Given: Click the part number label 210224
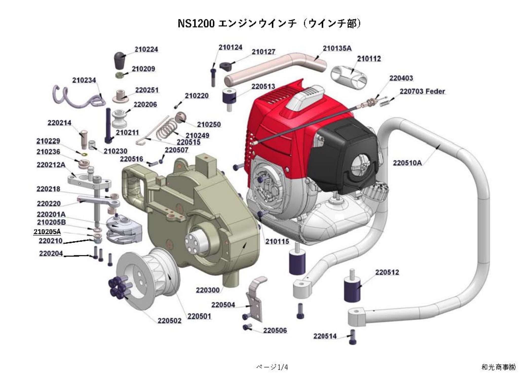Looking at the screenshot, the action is tap(146, 49).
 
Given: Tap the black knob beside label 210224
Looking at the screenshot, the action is tap(120, 60).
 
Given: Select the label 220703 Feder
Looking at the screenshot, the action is tap(422, 91).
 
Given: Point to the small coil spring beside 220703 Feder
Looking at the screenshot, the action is tap(384, 103).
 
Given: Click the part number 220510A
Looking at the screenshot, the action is tap(407, 163).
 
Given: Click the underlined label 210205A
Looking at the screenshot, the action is tap(47, 231).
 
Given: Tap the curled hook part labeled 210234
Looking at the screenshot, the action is tap(79, 97).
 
